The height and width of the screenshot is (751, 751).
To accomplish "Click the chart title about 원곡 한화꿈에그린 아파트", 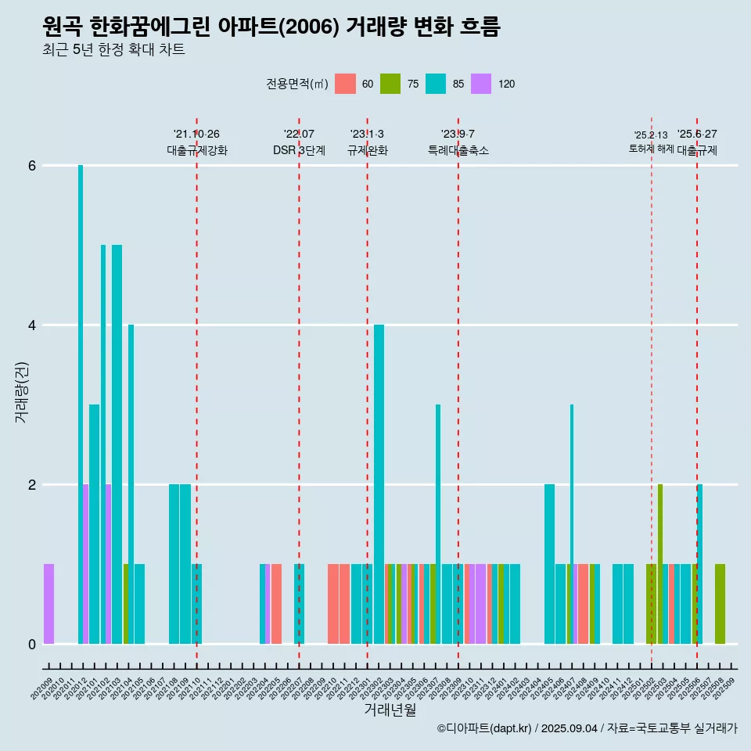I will tap(271, 27).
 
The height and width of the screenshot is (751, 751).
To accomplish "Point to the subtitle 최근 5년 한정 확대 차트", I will tap(113, 51).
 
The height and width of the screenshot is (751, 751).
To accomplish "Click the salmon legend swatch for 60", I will tap(345, 84).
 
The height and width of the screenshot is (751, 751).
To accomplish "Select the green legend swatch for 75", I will tap(390, 84).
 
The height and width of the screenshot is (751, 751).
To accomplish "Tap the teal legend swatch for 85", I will tap(436, 84).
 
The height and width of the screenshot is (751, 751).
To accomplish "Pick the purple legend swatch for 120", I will tap(481, 84).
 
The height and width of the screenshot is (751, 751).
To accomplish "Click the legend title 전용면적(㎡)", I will tap(297, 84).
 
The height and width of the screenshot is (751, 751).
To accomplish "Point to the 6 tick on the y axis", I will tap(31, 166).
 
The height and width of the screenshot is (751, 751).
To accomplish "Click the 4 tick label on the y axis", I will tap(31, 325).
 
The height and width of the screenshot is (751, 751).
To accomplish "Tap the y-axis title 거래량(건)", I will tap(21, 391).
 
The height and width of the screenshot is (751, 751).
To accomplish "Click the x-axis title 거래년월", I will tap(390, 710).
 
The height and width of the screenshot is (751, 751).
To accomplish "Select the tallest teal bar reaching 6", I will tap(81, 391).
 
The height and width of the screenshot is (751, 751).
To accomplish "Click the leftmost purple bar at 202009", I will tap(49, 603).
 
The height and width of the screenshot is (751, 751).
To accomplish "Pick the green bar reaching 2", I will tap(660, 563).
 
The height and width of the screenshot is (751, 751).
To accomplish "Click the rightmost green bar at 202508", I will tap(720, 603).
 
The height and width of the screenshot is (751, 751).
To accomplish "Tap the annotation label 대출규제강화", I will tap(197, 150).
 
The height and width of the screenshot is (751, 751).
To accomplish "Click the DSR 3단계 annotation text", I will tap(299, 150).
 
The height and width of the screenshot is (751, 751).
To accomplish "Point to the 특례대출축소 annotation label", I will tap(458, 150).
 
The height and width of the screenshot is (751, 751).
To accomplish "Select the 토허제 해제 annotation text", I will tap(651, 149).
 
